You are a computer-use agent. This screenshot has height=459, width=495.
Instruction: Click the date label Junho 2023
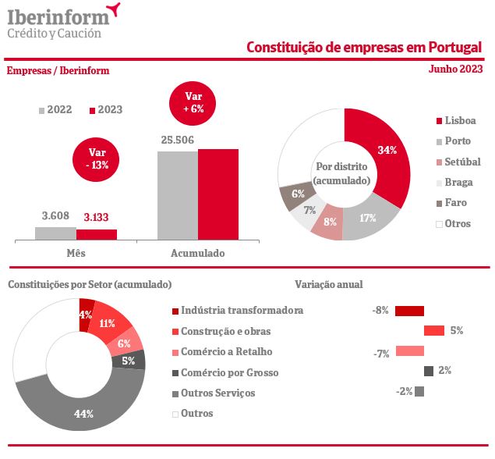[455, 69]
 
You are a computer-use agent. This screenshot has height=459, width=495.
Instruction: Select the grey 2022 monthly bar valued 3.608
[55, 233]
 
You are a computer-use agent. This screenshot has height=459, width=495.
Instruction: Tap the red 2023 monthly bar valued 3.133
[96, 233]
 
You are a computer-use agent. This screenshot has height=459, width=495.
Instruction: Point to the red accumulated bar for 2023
[217, 194]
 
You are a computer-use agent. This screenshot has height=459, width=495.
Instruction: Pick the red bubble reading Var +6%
[194, 102]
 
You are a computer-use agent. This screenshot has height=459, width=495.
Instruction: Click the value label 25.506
[177, 141]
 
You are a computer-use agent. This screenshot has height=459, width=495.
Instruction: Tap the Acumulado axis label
[197, 254]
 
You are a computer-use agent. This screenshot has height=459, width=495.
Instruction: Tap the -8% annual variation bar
[409, 311]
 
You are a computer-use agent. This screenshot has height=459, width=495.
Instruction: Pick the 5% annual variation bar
[433, 330]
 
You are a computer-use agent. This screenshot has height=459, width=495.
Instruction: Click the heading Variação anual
[328, 285]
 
